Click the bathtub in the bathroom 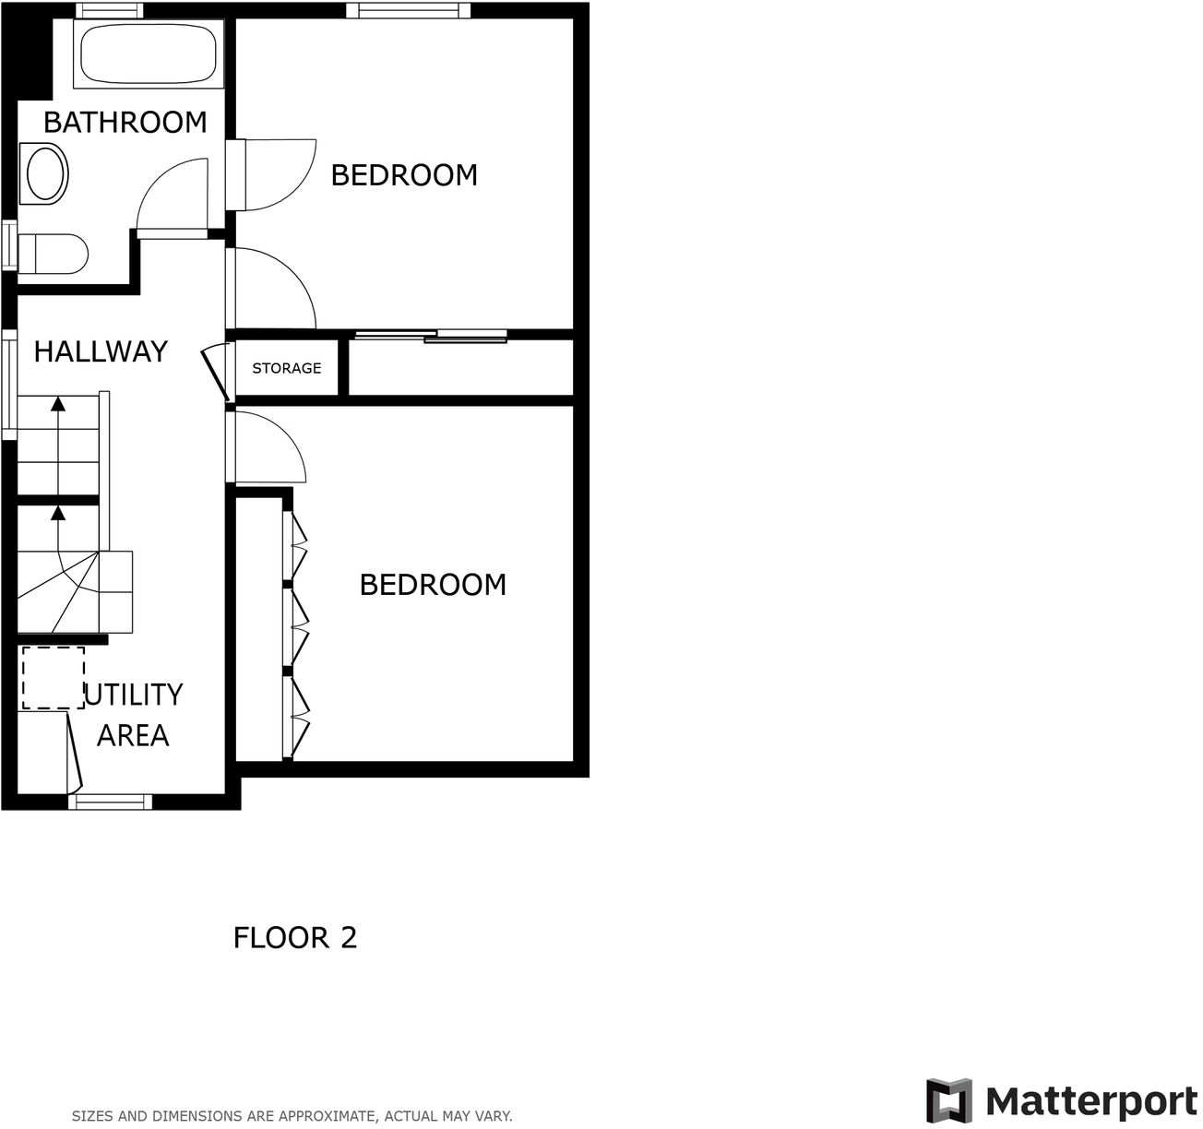click(x=149, y=54)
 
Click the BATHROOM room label click(x=125, y=123)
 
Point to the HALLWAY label click(x=101, y=351)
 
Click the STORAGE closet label click(x=287, y=368)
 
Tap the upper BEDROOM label click(x=404, y=175)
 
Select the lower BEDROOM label click(x=433, y=585)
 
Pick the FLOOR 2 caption click(x=295, y=938)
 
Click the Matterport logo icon click(x=948, y=1100)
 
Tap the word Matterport click(x=1091, y=1101)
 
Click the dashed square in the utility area click(x=54, y=678)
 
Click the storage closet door click(x=216, y=372)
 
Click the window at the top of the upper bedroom click(x=409, y=11)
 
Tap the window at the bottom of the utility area click(x=111, y=802)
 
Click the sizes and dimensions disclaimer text click(x=292, y=1116)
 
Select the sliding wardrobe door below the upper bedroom click(x=431, y=336)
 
